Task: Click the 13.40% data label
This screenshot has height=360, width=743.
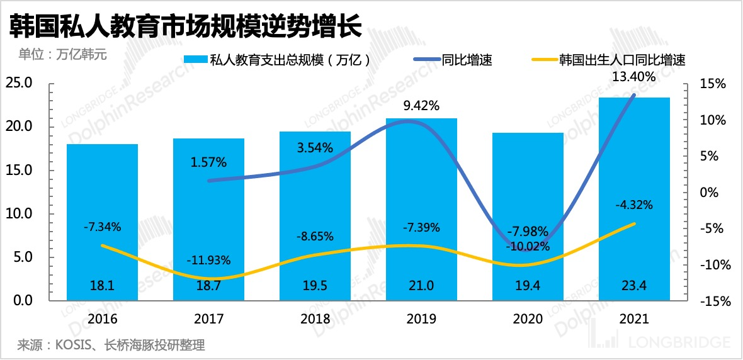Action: [x=634, y=77]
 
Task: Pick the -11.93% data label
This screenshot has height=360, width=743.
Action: [x=209, y=260]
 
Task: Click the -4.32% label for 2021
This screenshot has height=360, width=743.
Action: [x=634, y=205]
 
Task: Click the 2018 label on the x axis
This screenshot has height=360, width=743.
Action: [x=315, y=319]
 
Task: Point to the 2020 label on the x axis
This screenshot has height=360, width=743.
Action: [x=528, y=319]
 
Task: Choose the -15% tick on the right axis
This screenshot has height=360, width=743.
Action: [x=713, y=301]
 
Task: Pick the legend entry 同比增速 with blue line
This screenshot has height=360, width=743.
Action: [x=453, y=60]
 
